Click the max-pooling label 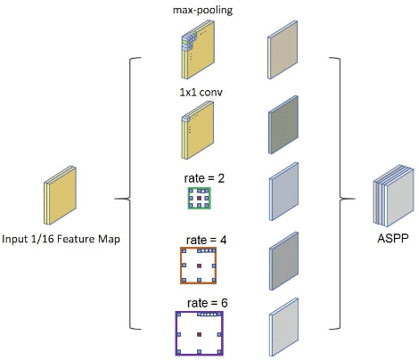[x=202, y=11]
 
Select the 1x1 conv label [x=201, y=93]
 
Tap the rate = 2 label [x=204, y=178]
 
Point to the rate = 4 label [x=206, y=240]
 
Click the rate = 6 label [x=208, y=303]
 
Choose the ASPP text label [x=393, y=238]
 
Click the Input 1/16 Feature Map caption [x=61, y=239]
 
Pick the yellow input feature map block [x=60, y=195]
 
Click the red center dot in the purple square [x=200, y=335]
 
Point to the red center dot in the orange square [x=200, y=266]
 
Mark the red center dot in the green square [x=200, y=198]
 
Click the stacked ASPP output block [x=393, y=196]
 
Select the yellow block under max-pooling [x=198, y=50]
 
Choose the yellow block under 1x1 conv [x=198, y=130]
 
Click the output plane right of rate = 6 [x=283, y=327]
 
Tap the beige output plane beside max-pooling [x=283, y=50]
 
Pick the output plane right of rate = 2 [x=283, y=192]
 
